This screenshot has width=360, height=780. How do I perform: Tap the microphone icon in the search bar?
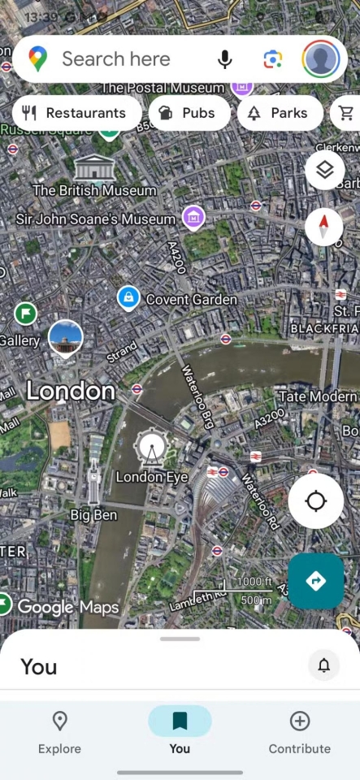click(x=225, y=59)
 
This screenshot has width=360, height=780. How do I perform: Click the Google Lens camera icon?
click(x=273, y=59)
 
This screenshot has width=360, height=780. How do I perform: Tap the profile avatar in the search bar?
click(x=321, y=59)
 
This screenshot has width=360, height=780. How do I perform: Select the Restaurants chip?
click(x=75, y=113)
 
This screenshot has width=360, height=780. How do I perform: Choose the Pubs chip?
click(x=189, y=113)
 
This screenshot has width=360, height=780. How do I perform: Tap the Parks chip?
click(x=279, y=113)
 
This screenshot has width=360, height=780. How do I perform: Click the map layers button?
click(x=325, y=170)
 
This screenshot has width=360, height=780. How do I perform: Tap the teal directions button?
click(x=316, y=581)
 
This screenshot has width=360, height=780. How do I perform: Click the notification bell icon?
click(x=324, y=666)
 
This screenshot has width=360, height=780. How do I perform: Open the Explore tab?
click(x=59, y=732)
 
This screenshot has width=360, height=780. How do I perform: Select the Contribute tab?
click(x=300, y=732)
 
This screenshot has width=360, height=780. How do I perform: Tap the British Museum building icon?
click(x=94, y=168)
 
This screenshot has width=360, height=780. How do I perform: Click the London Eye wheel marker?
click(x=150, y=448)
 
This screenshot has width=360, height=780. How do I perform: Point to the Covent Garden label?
click(x=191, y=299)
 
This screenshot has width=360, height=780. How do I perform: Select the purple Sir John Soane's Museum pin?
click(x=193, y=216)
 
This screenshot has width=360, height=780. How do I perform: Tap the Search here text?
click(x=116, y=59)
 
